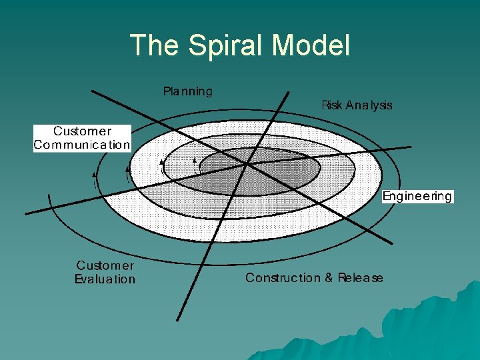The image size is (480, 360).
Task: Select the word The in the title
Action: click(x=155, y=45)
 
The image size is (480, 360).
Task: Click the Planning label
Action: click(x=188, y=91)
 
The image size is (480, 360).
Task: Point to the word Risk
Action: click(x=332, y=105)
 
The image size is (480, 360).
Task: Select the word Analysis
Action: click(x=369, y=105)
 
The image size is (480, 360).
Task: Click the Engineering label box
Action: click(x=417, y=196)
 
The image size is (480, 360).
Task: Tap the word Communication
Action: click(x=82, y=145)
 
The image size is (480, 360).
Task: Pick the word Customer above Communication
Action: click(x=82, y=131)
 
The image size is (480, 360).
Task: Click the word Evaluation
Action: click(x=105, y=280)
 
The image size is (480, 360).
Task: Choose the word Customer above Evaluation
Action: click(x=105, y=267)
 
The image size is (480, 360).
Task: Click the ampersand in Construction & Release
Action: click(x=329, y=278)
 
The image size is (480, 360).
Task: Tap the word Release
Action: click(x=360, y=278)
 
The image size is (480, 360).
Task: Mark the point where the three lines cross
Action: click(x=248, y=162)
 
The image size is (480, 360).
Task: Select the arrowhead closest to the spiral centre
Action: click(x=194, y=160)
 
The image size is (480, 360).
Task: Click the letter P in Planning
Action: click(x=167, y=91)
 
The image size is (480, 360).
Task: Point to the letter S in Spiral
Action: click(x=197, y=45)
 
